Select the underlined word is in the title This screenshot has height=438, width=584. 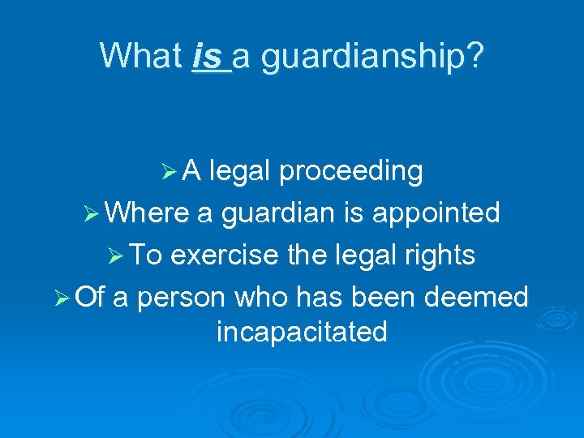point(209,56)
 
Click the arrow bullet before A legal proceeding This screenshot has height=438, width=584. point(169,172)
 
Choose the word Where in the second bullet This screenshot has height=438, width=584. point(147,213)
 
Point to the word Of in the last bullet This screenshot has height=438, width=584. point(89,297)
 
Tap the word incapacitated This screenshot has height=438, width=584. point(302,332)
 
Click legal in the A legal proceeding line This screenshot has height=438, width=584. point(239,172)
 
